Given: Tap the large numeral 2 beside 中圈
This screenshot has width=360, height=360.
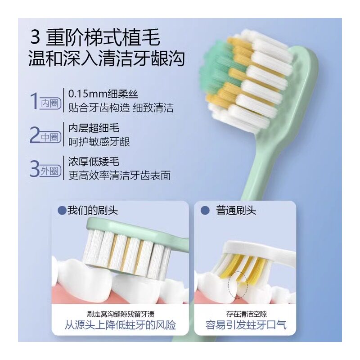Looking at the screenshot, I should (x=35, y=135).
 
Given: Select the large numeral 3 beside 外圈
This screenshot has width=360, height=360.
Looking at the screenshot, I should (x=35, y=168).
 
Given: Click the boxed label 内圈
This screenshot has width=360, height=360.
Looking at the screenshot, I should (x=50, y=103).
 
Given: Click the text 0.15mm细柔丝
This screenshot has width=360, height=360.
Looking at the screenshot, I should (x=103, y=94).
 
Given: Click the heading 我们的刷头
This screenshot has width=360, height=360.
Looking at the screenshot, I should (x=92, y=210).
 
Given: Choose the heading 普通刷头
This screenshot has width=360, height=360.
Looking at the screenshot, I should (x=236, y=210).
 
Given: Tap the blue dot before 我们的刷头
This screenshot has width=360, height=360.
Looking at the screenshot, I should (x=62, y=210).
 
